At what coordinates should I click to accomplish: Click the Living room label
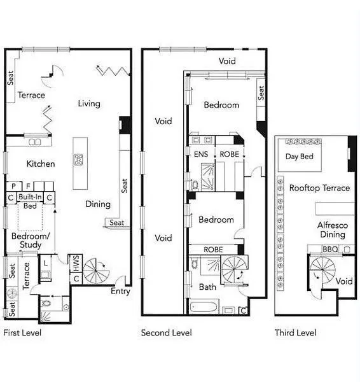pos(89,104)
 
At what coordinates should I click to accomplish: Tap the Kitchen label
pos(41,164)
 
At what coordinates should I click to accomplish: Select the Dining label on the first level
pos(98,204)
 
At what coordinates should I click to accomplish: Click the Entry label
pos(120,291)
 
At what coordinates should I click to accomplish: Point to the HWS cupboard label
pos(76,263)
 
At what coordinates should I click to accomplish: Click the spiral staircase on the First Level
pos(96,271)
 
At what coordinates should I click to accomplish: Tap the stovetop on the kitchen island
pos(78,160)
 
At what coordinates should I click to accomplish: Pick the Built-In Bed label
pos(30,201)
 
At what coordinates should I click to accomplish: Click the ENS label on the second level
pos(201,154)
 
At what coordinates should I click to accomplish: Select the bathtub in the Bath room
pos(204,308)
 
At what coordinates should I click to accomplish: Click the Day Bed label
pos(300,157)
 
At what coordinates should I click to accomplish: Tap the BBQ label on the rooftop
pos(330,249)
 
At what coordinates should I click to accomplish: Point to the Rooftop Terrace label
pos(319,188)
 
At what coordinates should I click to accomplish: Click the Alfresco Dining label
pos(333,230)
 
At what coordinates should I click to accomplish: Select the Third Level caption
pos(295,332)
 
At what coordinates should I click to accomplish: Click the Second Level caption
pos(167,332)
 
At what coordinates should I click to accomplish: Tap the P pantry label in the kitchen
pos(13,187)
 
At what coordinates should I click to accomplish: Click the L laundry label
pos(46,263)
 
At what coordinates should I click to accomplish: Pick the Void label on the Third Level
pos(344,281)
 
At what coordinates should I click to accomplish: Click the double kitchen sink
pos(35,142)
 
